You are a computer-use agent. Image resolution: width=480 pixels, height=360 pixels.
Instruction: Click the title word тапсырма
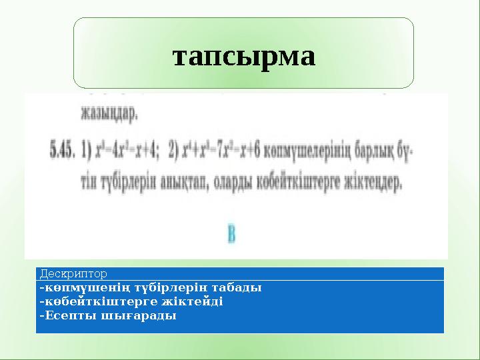(x=243, y=56)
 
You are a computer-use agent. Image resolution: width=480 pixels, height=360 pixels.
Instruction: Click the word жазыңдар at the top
(x=110, y=114)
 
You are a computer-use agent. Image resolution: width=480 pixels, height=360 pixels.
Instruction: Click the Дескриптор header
(x=73, y=273)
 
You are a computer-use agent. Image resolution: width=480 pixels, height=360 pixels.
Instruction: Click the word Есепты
(x=67, y=315)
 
